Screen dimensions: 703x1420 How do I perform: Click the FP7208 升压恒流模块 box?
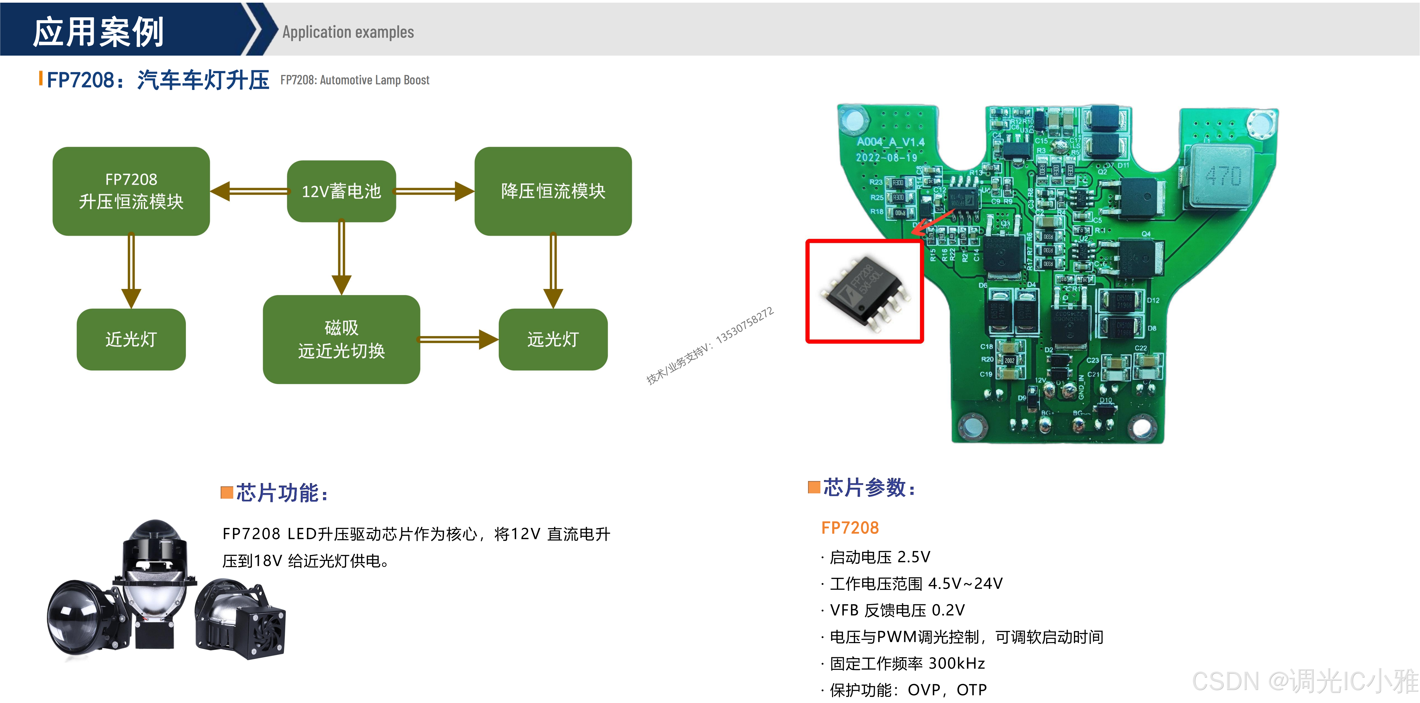(x=131, y=191)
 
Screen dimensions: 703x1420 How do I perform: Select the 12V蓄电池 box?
(x=341, y=191)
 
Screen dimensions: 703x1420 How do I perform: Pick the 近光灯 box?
(x=131, y=339)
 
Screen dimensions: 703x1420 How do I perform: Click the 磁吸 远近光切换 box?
(x=341, y=339)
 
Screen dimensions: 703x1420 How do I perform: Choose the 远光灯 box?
(x=553, y=339)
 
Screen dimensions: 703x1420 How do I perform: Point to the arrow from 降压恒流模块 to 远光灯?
(x=553, y=270)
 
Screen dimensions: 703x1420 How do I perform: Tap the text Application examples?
(x=348, y=32)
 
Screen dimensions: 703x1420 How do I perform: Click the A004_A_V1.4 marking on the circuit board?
(x=890, y=142)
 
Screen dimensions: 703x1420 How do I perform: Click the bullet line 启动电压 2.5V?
(x=880, y=557)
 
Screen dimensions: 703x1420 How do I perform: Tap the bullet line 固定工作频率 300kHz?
(x=907, y=663)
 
